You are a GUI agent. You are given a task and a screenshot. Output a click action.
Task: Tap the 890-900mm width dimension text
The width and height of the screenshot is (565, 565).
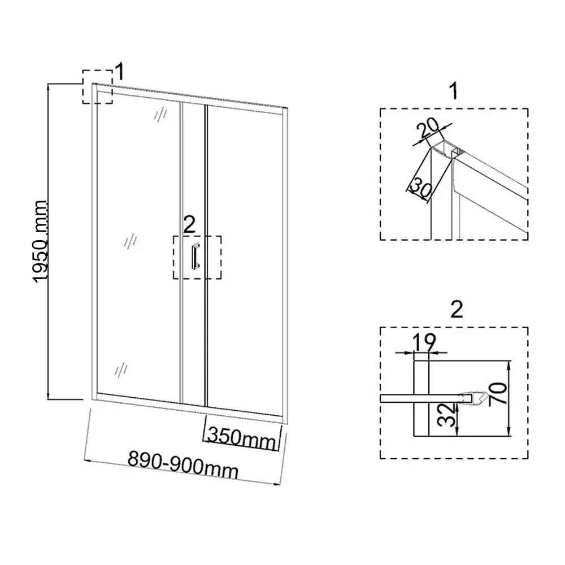pyautogui.click(x=183, y=465)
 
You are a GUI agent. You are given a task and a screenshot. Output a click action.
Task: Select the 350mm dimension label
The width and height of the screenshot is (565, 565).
pyautogui.click(x=242, y=437)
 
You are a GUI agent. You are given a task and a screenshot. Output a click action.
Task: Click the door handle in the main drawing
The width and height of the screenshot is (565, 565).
pyautogui.click(x=195, y=256)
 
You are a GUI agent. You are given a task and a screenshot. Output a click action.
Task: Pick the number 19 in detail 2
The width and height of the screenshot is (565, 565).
pyautogui.click(x=424, y=342)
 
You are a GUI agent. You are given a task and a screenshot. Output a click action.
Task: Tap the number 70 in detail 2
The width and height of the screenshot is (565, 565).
pyautogui.click(x=498, y=394)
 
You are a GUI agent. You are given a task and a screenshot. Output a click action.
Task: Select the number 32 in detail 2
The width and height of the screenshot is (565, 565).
pyautogui.click(x=448, y=415)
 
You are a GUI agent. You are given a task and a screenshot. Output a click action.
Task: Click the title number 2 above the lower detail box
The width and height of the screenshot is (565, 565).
pyautogui.click(x=457, y=309)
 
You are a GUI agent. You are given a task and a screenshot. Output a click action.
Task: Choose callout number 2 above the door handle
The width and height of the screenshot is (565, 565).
pyautogui.click(x=189, y=224)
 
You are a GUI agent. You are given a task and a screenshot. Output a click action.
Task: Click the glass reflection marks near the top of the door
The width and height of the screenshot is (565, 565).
pyautogui.click(x=160, y=115)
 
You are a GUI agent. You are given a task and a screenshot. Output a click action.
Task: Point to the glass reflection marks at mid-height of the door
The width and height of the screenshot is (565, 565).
pyautogui.click(x=130, y=240)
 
